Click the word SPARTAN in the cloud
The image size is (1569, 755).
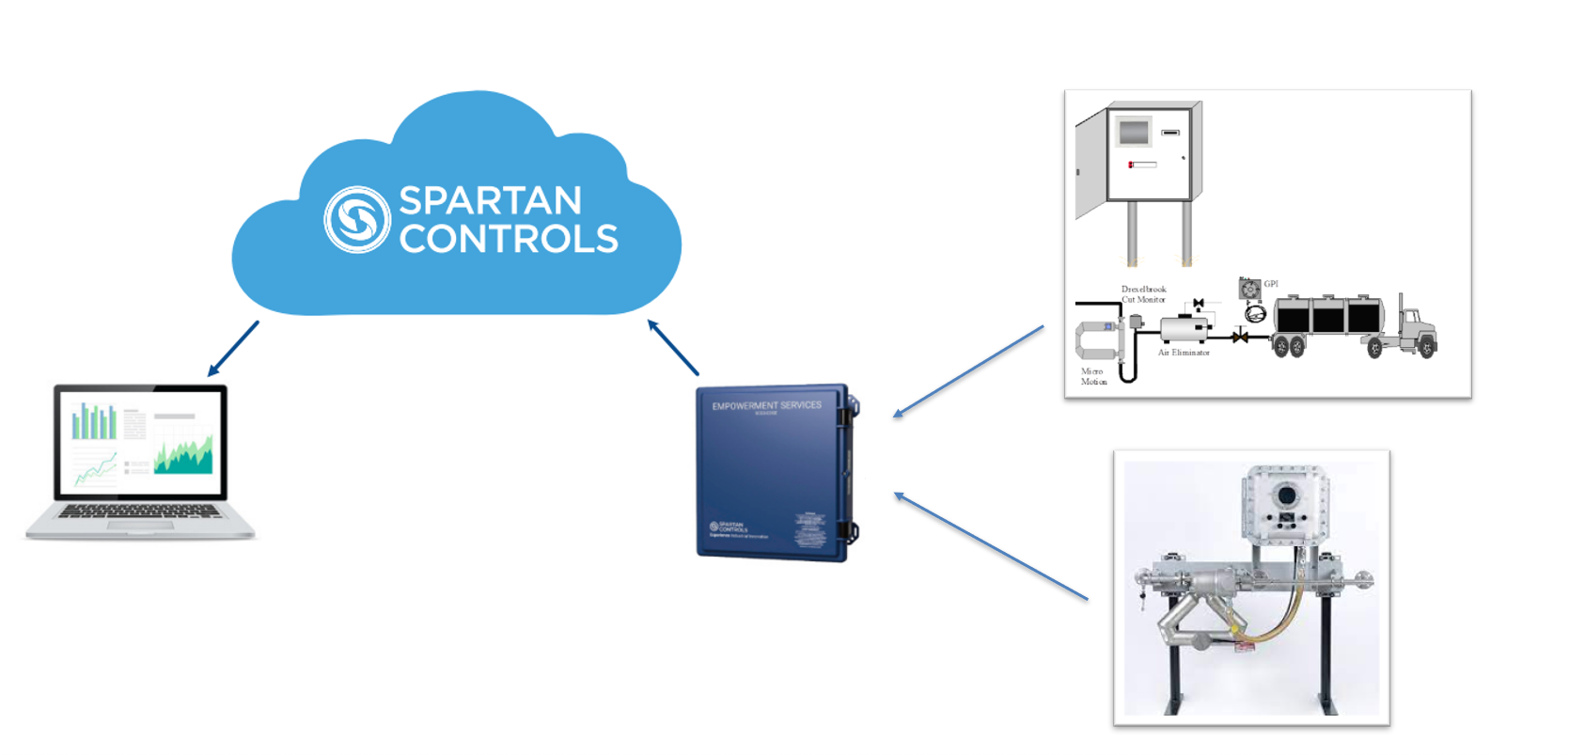(490, 200)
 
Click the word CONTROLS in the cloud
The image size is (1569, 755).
(509, 239)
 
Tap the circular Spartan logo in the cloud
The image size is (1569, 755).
(357, 219)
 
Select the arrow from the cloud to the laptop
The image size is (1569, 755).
(233, 349)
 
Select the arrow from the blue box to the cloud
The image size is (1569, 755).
(673, 348)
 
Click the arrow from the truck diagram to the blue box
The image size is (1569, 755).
(968, 370)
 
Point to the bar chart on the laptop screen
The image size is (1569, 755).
(95, 422)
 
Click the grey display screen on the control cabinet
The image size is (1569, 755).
(1134, 132)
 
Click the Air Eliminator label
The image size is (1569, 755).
(1184, 353)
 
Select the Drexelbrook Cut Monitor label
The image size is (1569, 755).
(1143, 294)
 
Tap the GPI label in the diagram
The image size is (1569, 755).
(1271, 284)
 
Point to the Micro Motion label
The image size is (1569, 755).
(1092, 376)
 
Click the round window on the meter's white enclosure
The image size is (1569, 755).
(1287, 495)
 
